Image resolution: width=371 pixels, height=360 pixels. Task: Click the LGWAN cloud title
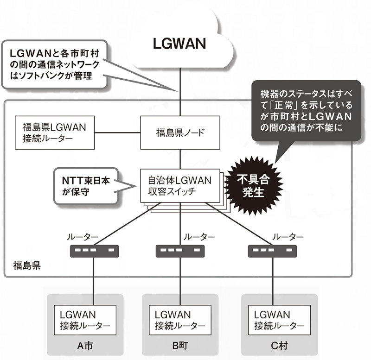tap(179, 44)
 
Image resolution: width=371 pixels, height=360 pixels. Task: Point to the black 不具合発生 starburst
tap(253, 185)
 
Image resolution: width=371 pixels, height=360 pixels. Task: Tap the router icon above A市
tap(94, 252)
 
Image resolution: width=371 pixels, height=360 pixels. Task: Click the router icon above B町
tap(180, 252)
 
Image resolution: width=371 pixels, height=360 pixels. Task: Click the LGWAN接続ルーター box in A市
tap(85, 320)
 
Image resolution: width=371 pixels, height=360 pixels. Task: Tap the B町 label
tap(180, 346)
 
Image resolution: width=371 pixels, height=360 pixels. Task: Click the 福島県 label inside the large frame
tap(26, 266)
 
